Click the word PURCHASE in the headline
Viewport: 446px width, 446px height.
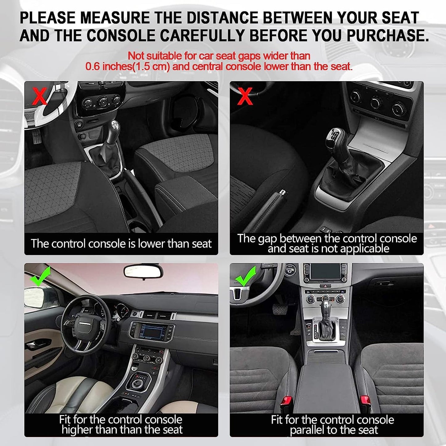(387, 35)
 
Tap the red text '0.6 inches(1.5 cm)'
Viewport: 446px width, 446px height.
(127, 66)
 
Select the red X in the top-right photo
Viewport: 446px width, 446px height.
(245, 96)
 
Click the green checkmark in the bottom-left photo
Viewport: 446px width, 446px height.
(40, 276)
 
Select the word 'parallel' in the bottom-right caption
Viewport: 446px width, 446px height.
(307, 430)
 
